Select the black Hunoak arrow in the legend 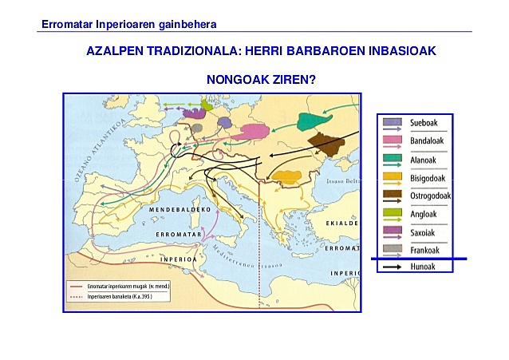click(x=393, y=267)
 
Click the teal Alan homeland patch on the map click(x=314, y=121)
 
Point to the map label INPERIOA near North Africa click(x=178, y=259)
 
